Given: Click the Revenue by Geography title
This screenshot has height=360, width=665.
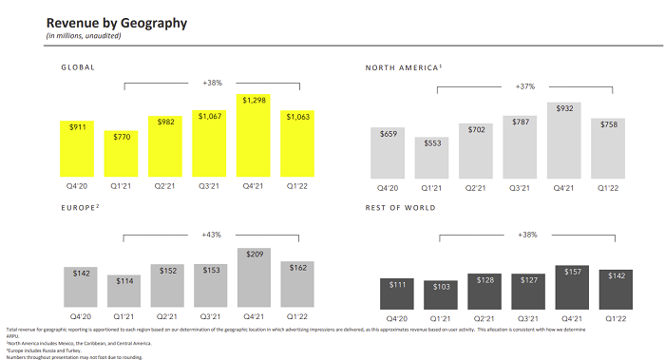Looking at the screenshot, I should point(116,22).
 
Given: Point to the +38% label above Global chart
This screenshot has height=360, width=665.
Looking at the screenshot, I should point(212,83).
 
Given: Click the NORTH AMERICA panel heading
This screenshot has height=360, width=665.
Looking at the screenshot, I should point(404,68).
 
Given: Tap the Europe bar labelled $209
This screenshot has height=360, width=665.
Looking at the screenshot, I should point(253,275).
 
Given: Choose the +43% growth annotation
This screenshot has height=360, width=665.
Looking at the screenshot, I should point(212,234).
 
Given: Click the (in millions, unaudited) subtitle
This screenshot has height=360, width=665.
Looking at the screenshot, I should point(84,36).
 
